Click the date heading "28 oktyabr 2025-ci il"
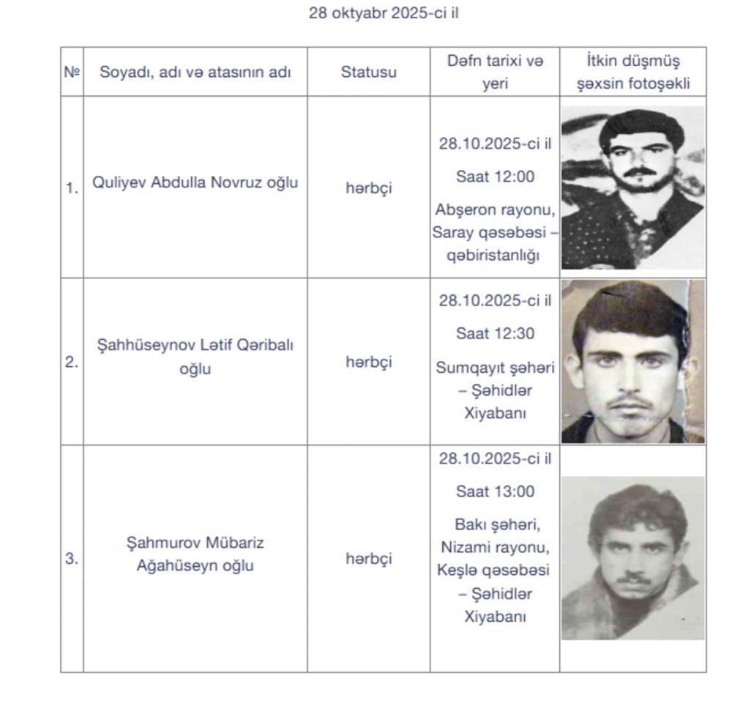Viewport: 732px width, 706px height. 384,13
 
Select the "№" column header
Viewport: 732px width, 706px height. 72,72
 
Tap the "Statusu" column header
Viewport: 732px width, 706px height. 368,72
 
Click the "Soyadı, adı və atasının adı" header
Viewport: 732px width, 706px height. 195,72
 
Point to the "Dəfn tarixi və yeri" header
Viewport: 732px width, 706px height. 495,72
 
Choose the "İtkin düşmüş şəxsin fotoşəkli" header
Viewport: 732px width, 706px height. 633,72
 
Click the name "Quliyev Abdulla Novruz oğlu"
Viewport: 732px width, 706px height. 195,183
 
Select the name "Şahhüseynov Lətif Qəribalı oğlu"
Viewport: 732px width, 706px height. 195,357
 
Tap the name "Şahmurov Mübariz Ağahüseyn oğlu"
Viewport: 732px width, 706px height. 195,554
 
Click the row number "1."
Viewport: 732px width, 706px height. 72,188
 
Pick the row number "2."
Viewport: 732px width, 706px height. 72,362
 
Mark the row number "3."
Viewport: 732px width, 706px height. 72,559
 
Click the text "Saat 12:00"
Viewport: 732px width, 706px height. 495,176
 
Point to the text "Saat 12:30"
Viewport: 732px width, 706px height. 495,334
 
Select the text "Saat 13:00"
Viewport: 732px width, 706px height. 495,491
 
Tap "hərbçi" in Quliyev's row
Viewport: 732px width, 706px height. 368,188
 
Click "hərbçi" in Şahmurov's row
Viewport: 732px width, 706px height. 368,559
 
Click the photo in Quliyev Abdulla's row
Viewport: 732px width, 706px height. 633,187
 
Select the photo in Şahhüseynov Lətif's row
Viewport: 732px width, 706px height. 633,362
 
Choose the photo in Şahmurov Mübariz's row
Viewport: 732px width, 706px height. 633,558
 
